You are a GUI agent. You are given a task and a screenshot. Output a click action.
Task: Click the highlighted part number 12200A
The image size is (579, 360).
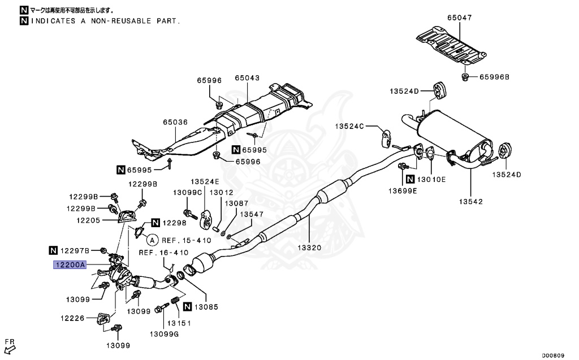[70, 264]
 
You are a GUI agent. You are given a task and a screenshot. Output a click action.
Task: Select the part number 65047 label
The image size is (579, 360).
[459, 18]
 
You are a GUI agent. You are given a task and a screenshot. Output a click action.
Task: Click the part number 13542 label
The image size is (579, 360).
[470, 201]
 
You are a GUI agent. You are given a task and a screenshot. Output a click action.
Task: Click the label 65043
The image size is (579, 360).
[247, 77]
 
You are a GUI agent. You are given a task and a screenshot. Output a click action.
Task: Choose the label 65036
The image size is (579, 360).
[175, 122]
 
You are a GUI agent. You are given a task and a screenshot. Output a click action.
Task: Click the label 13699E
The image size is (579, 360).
[402, 191]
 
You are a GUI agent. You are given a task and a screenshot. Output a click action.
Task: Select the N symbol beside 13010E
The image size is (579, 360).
[411, 179]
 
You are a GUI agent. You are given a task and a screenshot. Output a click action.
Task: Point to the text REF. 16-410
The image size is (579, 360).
[163, 253]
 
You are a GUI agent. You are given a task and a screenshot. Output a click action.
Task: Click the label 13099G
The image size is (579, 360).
[164, 334]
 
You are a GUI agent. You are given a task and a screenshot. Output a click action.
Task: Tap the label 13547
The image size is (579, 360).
[252, 214]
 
